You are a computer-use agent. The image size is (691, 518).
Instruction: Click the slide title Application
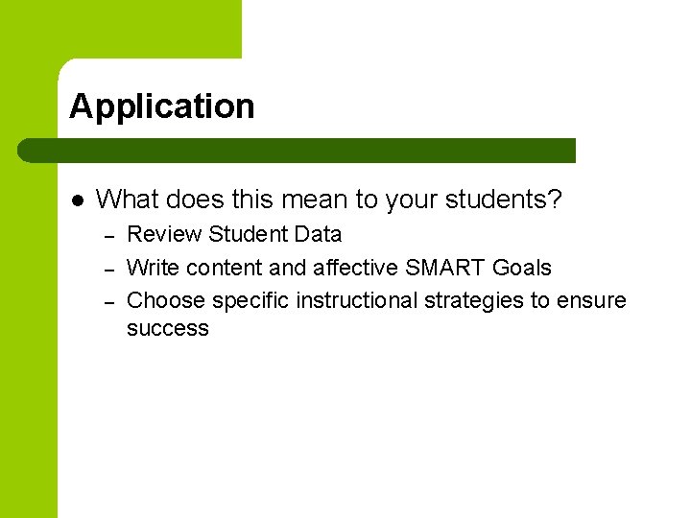click(161, 106)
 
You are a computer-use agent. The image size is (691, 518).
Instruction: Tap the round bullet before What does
click(79, 200)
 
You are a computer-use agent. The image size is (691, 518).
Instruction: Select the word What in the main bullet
click(129, 200)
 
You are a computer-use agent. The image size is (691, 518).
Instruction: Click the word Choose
click(166, 301)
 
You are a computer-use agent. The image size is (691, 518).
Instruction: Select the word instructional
click(357, 301)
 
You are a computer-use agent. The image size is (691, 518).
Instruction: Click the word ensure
click(592, 301)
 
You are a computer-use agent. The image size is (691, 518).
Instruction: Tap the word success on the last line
click(167, 329)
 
